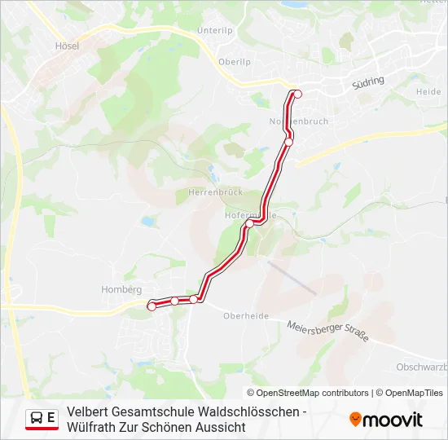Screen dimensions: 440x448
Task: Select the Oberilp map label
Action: pyautogui.click(x=234, y=62)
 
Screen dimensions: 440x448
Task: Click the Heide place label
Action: pyautogui.click(x=428, y=92)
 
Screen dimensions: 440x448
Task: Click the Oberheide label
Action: pyautogui.click(x=245, y=316)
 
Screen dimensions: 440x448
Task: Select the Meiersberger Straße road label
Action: pyautogui.click(x=328, y=331)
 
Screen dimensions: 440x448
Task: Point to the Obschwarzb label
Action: pyautogui.click(x=420, y=367)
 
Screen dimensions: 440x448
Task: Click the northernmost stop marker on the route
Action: pyautogui.click(x=297, y=94)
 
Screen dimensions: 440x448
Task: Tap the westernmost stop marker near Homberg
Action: pyautogui.click(x=152, y=306)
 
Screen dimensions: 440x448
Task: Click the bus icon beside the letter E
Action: pyautogui.click(x=37, y=418)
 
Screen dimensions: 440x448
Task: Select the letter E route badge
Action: pyautogui.click(x=51, y=418)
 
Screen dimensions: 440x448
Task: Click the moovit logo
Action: pyautogui.click(x=386, y=420)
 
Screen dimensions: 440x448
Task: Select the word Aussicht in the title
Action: pyautogui.click(x=218, y=426)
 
